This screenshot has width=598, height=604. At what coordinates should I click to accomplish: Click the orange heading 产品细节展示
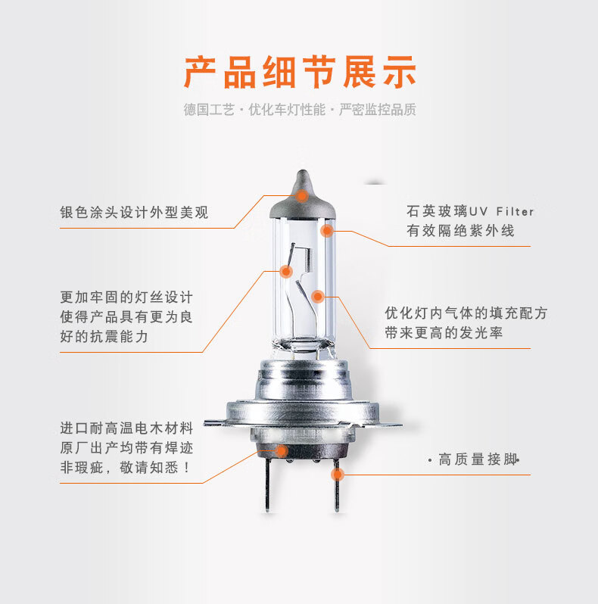coord(299,72)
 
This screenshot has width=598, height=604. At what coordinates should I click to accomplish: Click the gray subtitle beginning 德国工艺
coord(299,110)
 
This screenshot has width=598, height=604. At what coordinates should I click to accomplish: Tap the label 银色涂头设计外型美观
coord(134,213)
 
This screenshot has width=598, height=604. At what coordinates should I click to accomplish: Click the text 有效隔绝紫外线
coord(460,231)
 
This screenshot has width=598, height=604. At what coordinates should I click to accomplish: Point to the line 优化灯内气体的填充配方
coord(466,313)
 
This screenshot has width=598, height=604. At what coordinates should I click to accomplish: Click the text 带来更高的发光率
coord(444,333)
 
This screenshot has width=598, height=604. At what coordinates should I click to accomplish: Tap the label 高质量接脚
coord(477,459)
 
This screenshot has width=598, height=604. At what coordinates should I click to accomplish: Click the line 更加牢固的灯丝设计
coord(126,297)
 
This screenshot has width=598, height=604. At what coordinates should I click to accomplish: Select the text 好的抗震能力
coord(104,337)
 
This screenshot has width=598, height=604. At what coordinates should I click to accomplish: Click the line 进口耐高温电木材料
coord(126,428)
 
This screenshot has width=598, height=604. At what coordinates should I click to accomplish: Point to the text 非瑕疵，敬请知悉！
coord(126,468)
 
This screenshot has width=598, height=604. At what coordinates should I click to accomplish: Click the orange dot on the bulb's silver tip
coord(301,195)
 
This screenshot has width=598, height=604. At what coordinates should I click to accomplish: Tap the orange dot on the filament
coord(287,269)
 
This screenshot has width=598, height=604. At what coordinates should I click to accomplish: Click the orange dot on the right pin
coord(337,475)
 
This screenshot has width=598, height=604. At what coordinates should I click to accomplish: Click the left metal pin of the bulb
coord(266,488)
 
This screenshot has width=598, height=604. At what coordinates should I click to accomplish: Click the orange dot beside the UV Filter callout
coord(327,230)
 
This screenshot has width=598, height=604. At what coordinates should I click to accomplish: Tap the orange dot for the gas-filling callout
coord(319,296)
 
